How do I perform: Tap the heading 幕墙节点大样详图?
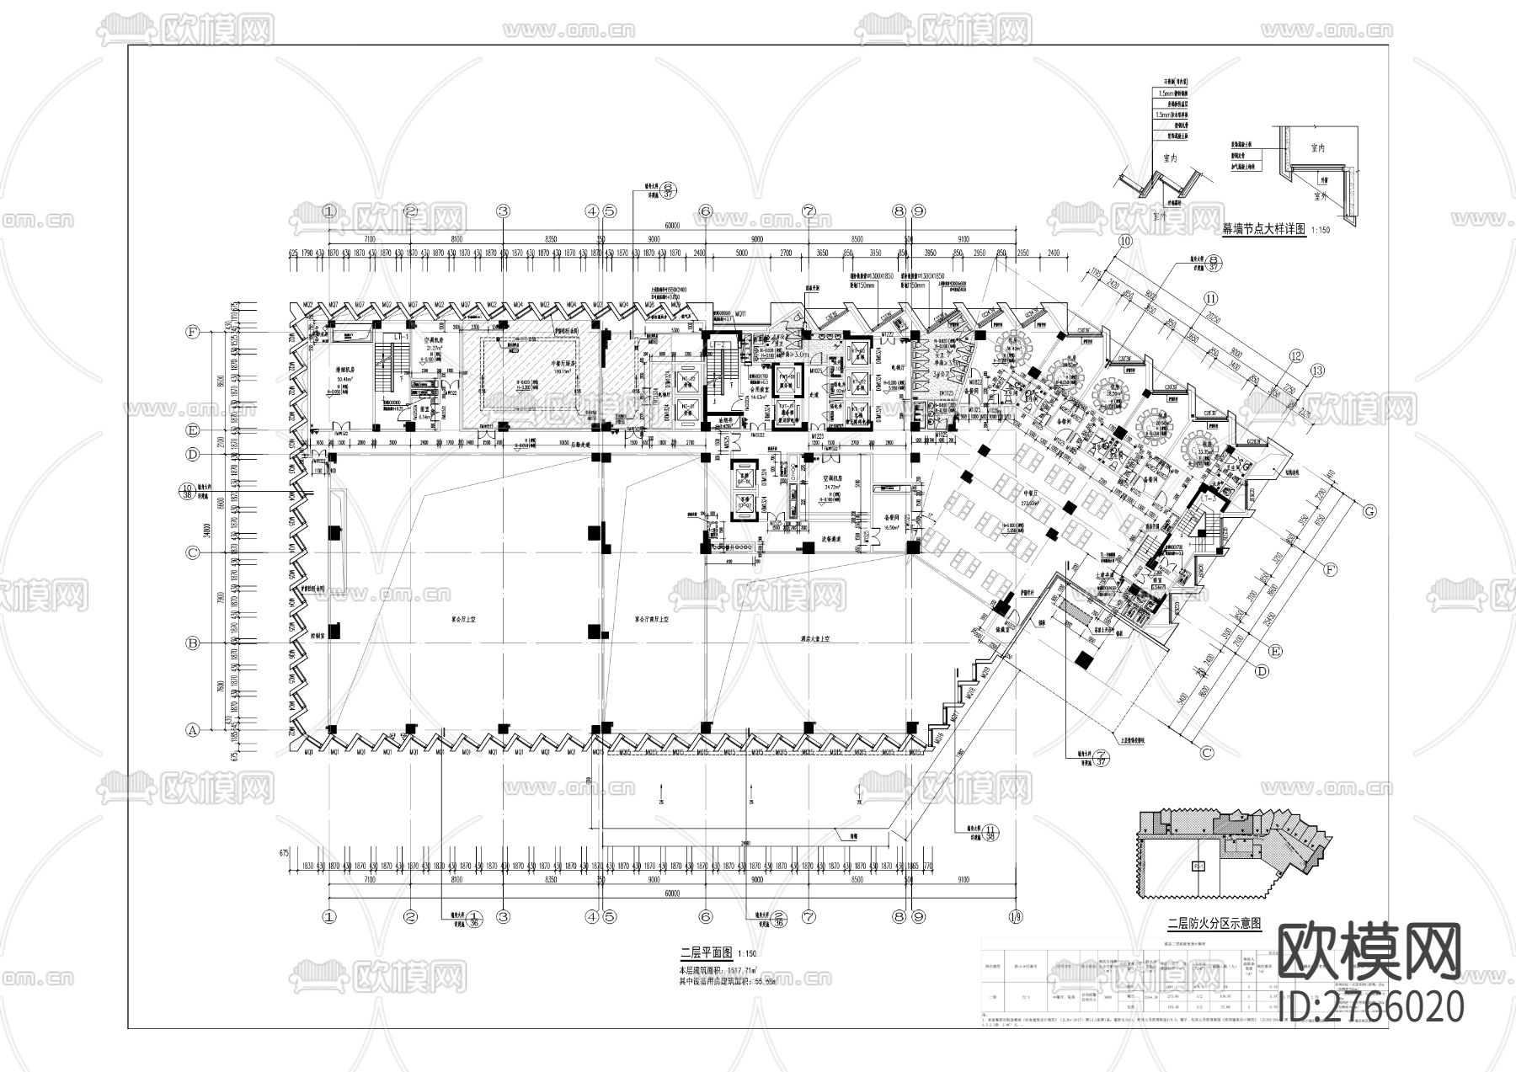click(1262, 228)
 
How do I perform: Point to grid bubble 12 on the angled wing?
click(1294, 356)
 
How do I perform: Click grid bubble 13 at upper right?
click(1316, 371)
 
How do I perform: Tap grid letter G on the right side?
click(1370, 510)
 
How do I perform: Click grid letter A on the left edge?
click(193, 731)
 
